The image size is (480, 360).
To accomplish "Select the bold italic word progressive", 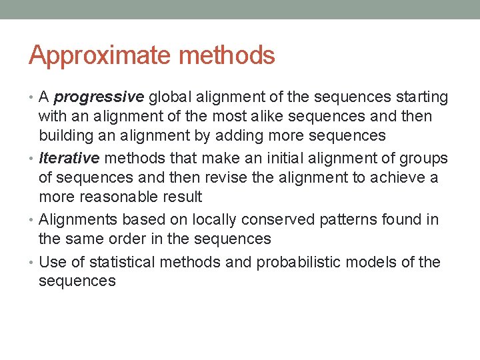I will [x=99, y=97].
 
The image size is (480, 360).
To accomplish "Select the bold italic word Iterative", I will [x=69, y=158].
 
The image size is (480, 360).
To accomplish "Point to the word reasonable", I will [x=119, y=197].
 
